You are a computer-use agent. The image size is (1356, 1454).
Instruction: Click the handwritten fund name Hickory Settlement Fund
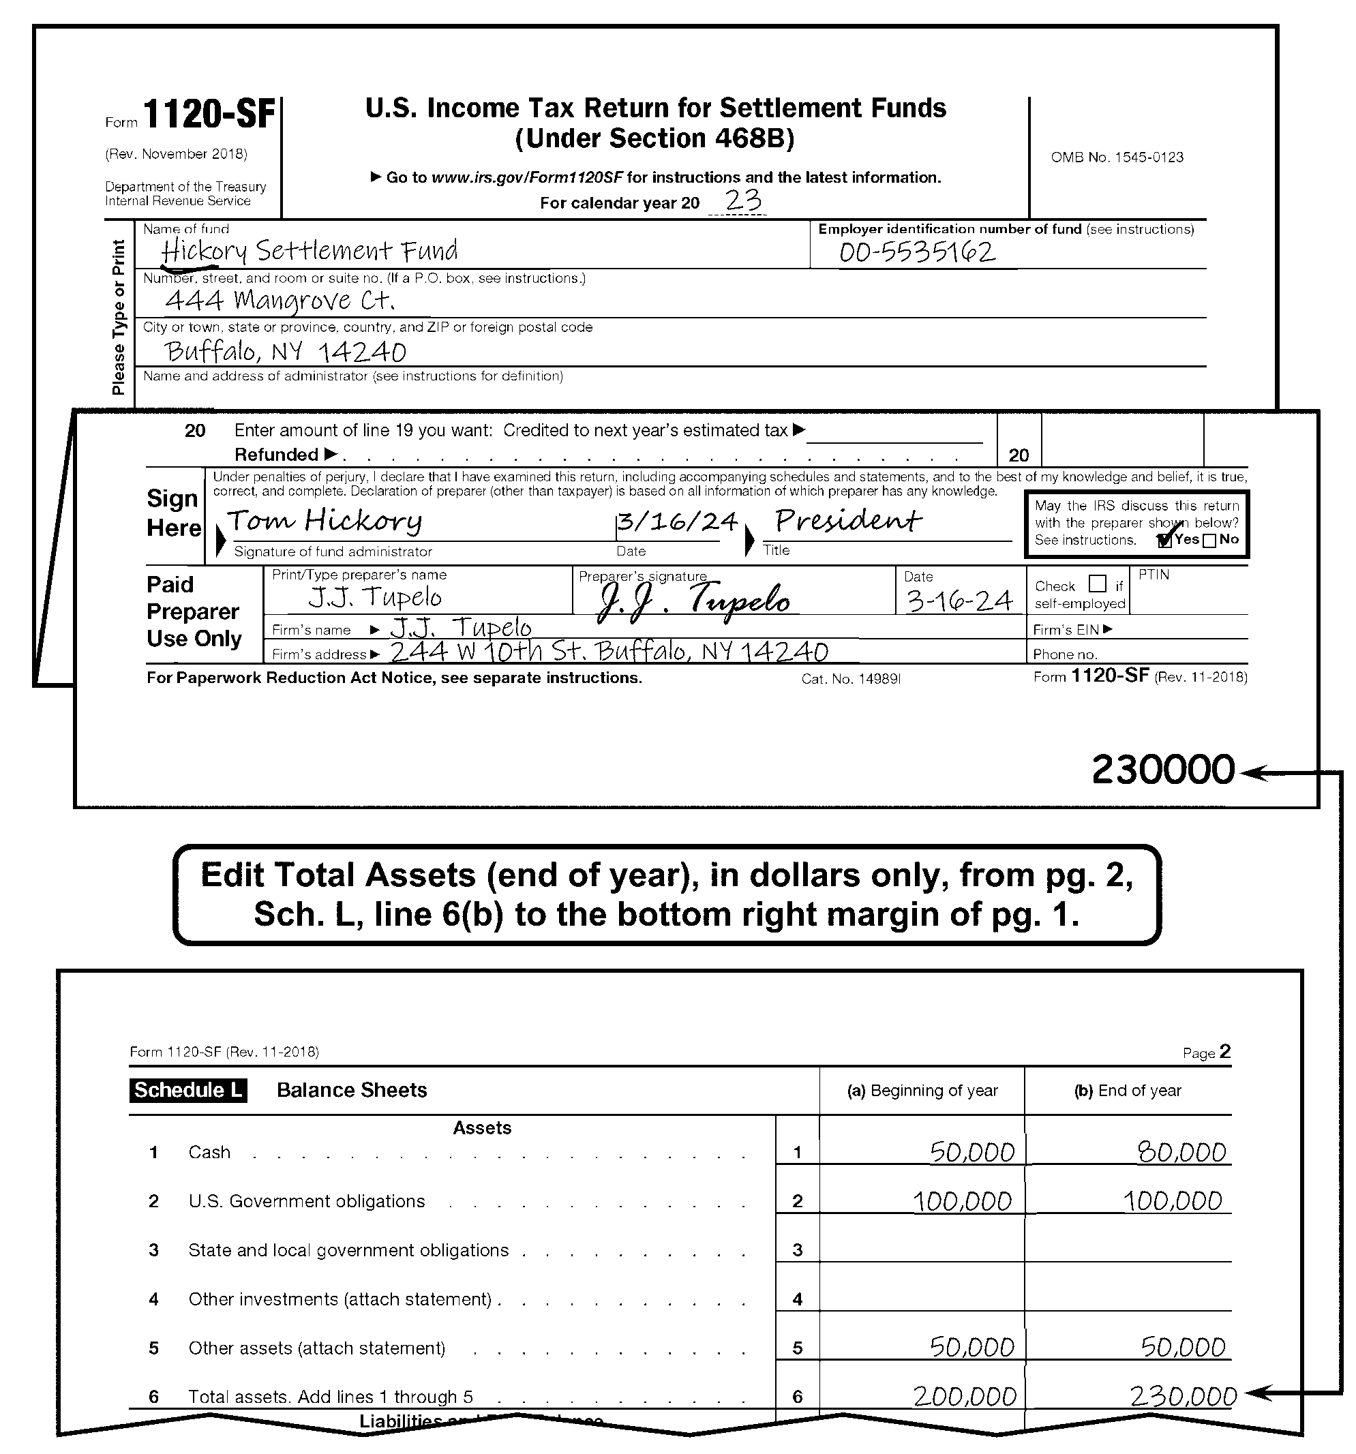point(309,251)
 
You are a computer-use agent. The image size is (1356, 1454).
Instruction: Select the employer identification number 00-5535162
point(916,252)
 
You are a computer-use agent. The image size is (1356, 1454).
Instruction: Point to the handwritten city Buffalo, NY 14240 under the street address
point(285,352)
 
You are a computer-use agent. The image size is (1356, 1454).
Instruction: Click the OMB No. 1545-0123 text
point(1116,157)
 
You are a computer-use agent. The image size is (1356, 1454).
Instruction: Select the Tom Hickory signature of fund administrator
point(324,521)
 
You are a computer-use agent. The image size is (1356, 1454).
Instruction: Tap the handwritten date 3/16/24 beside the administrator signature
point(676,521)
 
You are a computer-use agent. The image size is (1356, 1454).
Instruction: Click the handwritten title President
point(847,521)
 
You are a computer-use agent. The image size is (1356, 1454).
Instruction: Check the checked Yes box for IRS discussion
point(1165,541)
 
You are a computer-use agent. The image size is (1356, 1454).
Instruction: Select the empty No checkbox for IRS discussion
point(1209,541)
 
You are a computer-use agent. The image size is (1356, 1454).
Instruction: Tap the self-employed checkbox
point(1097,584)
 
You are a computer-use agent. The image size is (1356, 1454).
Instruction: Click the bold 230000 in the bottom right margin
point(1162,770)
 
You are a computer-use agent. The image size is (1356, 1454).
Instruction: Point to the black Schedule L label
point(188,1090)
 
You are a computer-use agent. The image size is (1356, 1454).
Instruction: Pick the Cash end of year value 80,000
point(1181,1153)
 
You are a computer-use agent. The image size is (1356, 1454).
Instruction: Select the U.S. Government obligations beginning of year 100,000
point(963,1201)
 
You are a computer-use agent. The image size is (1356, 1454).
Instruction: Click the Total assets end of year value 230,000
point(1183,1397)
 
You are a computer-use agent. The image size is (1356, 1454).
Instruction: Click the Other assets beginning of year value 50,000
point(971,1347)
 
